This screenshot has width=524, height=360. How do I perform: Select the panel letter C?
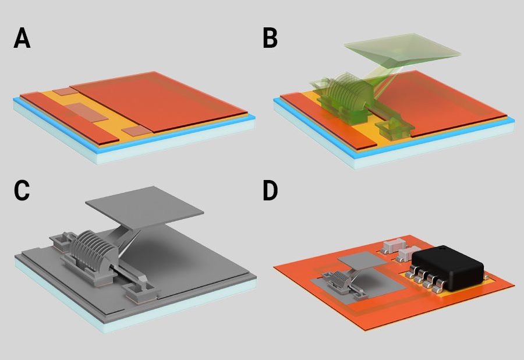point(22,190)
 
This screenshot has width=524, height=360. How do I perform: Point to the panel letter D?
point(270,190)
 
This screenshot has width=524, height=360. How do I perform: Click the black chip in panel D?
point(448,266)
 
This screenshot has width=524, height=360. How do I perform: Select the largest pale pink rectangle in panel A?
point(87,112)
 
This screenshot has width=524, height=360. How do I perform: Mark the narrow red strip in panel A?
point(69,119)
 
